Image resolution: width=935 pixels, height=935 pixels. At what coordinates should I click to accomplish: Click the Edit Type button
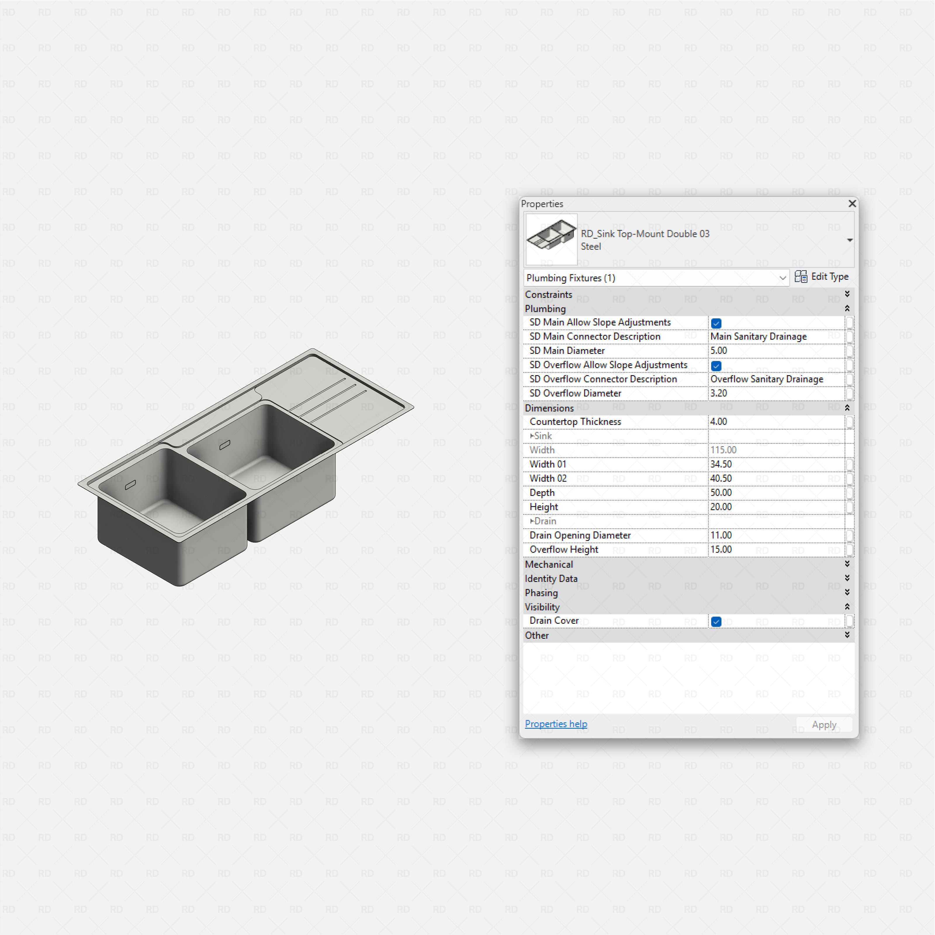821,277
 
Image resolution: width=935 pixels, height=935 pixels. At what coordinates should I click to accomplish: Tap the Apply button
824,725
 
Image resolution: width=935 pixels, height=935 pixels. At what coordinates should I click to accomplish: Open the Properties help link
555,724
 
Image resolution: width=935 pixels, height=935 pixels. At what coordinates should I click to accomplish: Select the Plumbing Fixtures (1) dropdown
656,278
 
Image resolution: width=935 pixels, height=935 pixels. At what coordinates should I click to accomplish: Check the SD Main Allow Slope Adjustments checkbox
716,323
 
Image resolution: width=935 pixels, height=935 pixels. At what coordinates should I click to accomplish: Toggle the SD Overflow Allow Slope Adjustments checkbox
716,366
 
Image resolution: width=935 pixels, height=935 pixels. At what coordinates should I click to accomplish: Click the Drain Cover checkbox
716,622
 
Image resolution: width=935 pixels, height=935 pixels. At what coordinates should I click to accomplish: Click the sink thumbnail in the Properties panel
551,239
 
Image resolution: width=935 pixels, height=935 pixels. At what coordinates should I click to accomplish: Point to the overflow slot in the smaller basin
130,485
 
